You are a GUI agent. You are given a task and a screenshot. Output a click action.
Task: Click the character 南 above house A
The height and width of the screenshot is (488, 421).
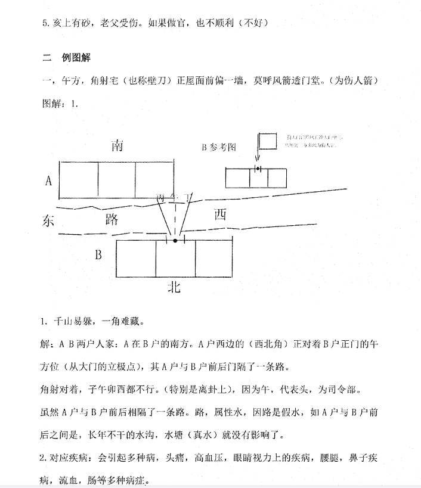[117, 146]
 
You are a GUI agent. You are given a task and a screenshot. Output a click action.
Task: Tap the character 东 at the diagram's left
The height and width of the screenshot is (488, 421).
[49, 220]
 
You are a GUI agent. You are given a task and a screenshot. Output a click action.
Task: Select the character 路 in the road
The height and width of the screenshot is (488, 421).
[112, 219]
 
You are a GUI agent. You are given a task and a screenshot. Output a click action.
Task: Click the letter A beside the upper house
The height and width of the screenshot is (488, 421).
[48, 181]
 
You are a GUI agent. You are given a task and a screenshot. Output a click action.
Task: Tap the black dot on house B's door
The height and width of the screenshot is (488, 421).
[175, 241]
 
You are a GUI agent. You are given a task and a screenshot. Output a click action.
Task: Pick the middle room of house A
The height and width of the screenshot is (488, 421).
[116, 181]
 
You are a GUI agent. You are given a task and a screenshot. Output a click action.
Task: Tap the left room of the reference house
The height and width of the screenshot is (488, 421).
[237, 178]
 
